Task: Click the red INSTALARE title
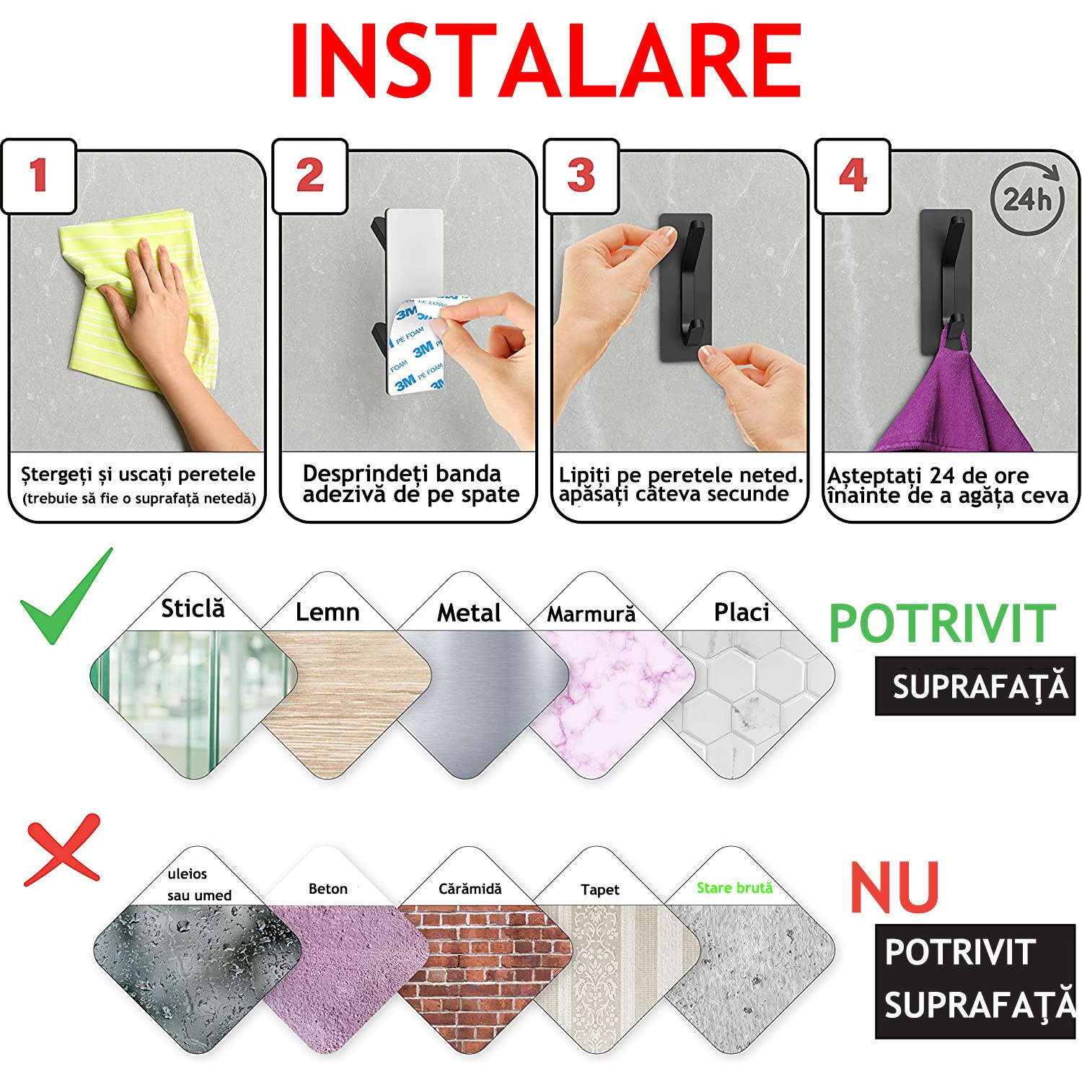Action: coord(545,61)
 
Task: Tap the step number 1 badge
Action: coord(39,176)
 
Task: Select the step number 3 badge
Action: coord(581,176)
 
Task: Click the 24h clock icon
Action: coord(1027,199)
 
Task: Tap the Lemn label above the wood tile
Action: coord(327,612)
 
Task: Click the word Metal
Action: coord(469,612)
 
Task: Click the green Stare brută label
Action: coord(734,888)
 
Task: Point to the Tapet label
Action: coord(600,889)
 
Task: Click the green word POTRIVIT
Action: coord(942,623)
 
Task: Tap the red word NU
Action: coord(894,888)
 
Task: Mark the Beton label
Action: coord(328,889)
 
